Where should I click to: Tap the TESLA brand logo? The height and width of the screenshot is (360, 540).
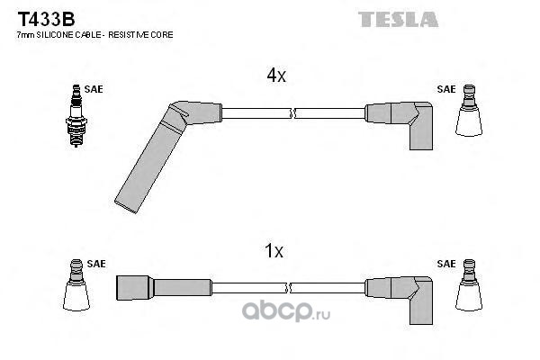coord(398,19)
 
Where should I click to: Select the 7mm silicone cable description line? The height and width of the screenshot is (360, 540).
coord(94,35)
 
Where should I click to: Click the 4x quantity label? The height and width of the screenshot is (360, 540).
coord(275,76)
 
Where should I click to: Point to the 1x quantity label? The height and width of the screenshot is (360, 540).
coord(275,252)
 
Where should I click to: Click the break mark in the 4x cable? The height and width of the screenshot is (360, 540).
coord(292,113)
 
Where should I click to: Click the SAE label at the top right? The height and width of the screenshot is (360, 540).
coord(445,89)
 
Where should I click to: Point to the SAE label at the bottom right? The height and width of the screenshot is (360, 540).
coord(445,264)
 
